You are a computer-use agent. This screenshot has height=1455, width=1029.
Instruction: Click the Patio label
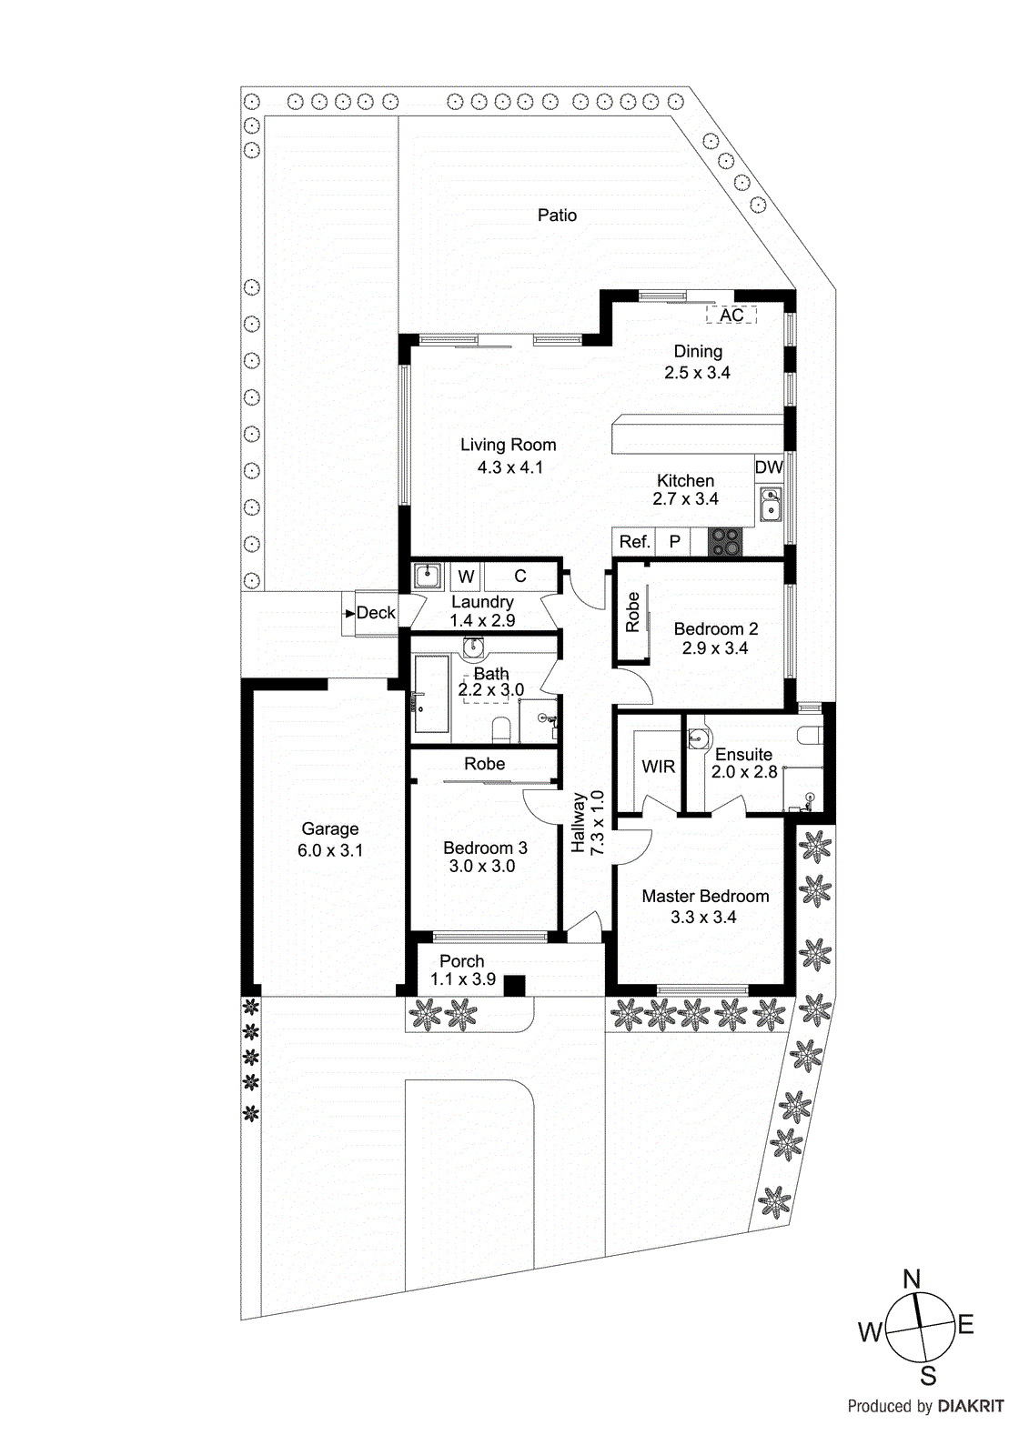click(x=557, y=216)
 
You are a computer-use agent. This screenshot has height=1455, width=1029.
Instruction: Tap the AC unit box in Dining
click(x=731, y=315)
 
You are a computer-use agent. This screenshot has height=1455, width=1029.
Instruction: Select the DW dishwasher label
click(x=769, y=467)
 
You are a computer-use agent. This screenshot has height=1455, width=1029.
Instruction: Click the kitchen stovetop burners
click(x=725, y=542)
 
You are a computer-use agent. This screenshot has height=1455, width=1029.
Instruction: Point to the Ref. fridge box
click(x=634, y=542)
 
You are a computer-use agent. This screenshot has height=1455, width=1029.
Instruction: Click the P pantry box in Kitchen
click(x=674, y=542)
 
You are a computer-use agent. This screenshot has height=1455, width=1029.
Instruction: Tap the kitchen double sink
click(x=770, y=503)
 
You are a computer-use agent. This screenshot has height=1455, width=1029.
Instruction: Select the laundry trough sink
click(x=429, y=576)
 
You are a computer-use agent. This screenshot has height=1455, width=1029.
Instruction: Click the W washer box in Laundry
click(x=466, y=577)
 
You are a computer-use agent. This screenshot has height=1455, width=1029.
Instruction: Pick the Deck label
click(x=376, y=613)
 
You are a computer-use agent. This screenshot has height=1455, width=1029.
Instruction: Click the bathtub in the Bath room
click(x=431, y=694)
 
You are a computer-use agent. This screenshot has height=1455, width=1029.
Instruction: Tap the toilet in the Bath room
click(x=500, y=728)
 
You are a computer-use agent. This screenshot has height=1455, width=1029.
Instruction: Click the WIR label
click(x=658, y=767)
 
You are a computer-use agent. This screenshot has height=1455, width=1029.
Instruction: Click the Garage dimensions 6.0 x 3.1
click(x=330, y=851)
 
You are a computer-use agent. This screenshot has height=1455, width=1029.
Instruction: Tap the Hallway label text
click(x=578, y=822)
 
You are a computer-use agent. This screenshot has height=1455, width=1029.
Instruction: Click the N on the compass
click(x=912, y=1279)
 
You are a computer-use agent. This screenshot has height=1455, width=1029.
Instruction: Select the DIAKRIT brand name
click(x=970, y=1407)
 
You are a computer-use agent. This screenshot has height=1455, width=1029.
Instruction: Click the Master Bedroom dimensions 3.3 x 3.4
click(x=703, y=918)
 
